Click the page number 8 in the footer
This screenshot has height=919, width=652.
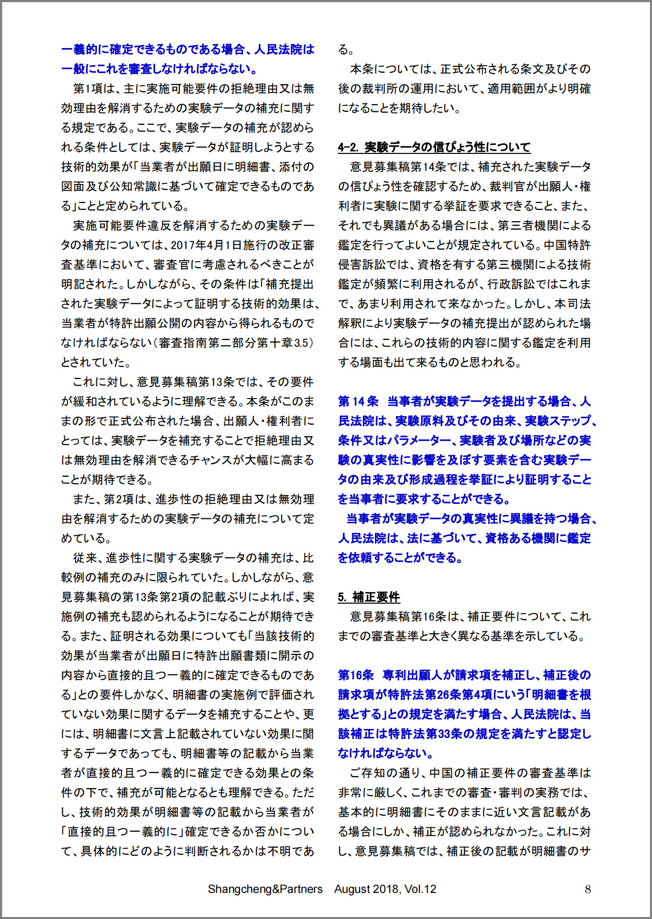coord(588,889)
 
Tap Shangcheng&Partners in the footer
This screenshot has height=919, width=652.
coord(265,889)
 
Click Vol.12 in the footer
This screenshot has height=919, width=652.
coord(420,889)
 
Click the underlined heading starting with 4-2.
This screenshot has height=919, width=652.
coord(434,147)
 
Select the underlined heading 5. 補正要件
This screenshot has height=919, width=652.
coord(369,597)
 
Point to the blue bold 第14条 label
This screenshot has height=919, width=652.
coord(358,401)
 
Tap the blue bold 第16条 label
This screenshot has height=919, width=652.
coord(356,675)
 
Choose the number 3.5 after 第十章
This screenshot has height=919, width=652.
coord(301,343)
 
